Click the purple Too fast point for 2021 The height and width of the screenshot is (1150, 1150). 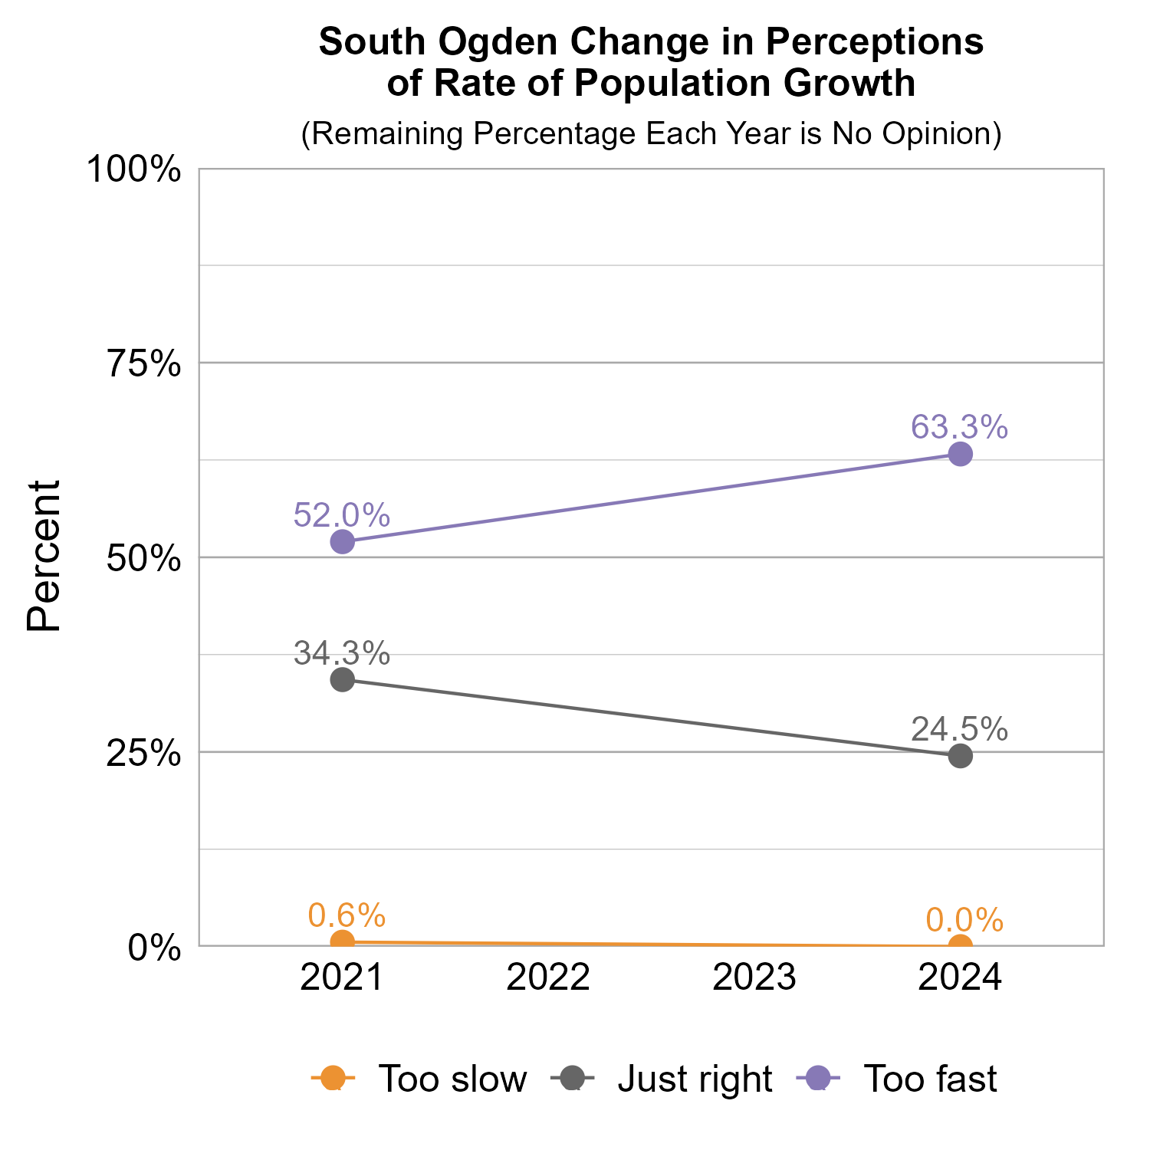[343, 542]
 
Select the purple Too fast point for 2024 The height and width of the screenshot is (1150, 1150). [961, 455]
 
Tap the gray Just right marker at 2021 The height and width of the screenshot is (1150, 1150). [343, 679]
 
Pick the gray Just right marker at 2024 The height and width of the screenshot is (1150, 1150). [961, 756]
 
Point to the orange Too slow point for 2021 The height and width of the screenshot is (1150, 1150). [343, 941]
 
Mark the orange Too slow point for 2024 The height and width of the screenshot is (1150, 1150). [961, 945]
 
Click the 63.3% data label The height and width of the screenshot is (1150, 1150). [959, 427]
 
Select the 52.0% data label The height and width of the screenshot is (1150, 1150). [342, 515]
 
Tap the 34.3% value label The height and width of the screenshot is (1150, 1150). [342, 653]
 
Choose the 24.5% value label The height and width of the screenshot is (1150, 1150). [959, 729]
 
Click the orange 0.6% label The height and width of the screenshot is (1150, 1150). [347, 915]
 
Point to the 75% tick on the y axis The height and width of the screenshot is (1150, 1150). [143, 364]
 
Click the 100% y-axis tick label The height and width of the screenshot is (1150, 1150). [134, 169]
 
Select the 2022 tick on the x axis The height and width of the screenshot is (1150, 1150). [548, 978]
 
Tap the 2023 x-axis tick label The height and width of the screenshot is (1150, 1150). [754, 978]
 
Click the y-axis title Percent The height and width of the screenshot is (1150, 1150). [44, 557]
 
